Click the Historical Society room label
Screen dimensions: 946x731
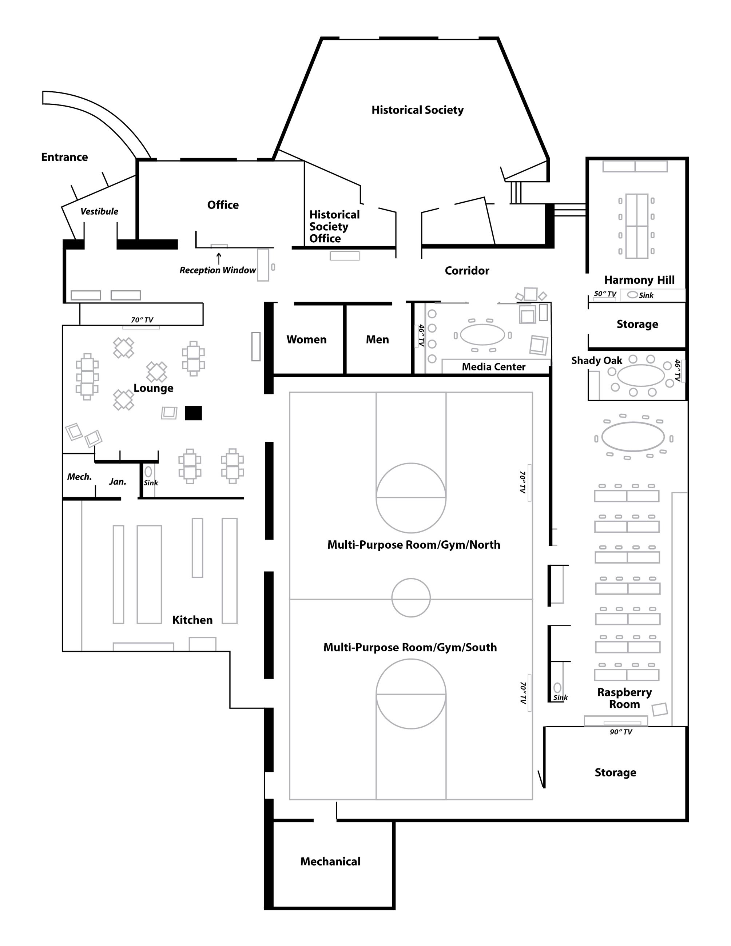pyautogui.click(x=417, y=110)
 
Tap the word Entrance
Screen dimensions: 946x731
pyautogui.click(x=64, y=157)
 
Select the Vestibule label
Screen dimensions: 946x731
pyautogui.click(x=99, y=211)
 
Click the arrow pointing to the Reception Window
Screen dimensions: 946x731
pyautogui.click(x=219, y=258)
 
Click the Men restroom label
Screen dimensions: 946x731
pyautogui.click(x=377, y=339)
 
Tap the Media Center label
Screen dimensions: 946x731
pyautogui.click(x=493, y=367)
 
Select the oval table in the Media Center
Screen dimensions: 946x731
pyautogui.click(x=482, y=334)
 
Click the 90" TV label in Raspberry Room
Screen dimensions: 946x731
pyautogui.click(x=621, y=732)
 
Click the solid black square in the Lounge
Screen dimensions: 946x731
pyautogui.click(x=193, y=413)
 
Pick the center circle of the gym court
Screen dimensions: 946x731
pyautogui.click(x=410, y=597)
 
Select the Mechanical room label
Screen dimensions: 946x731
pyautogui.click(x=330, y=862)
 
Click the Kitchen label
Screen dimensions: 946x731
pyautogui.click(x=192, y=620)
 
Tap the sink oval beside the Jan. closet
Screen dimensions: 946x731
pyautogui.click(x=148, y=471)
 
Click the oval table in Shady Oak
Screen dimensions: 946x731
pyautogui.click(x=640, y=375)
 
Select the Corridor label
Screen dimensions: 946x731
pyautogui.click(x=466, y=271)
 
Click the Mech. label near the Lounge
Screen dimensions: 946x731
pyautogui.click(x=79, y=477)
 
